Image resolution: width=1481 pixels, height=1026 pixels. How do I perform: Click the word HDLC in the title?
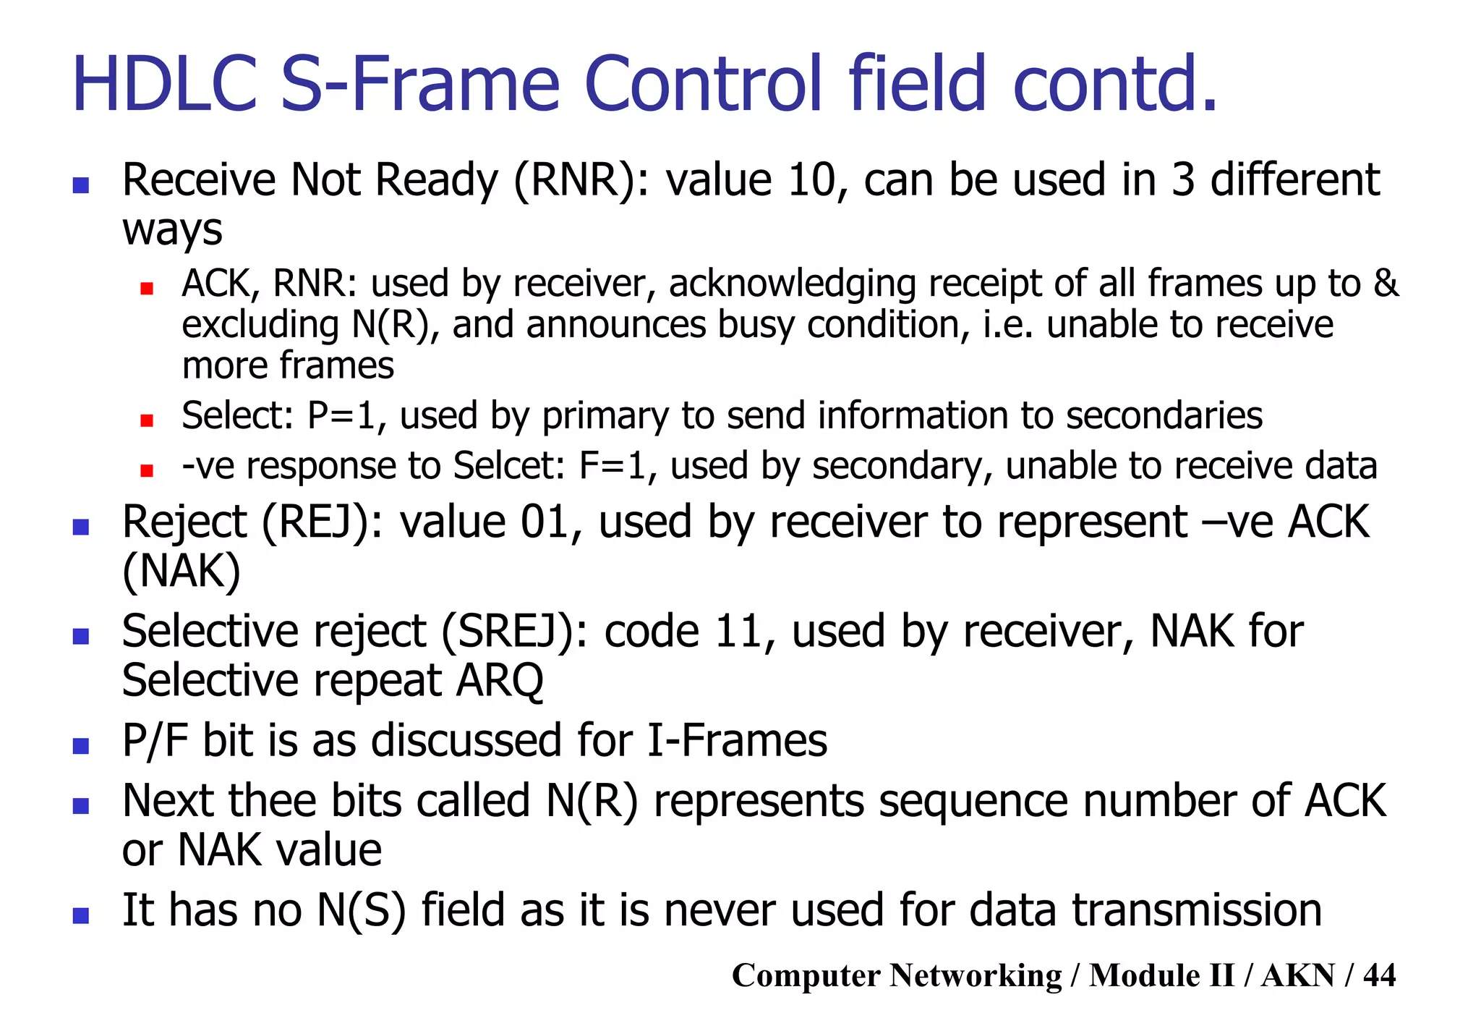coord(165,85)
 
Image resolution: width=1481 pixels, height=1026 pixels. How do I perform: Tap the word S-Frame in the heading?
coord(419,85)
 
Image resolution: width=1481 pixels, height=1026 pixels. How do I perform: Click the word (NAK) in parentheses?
coord(182,571)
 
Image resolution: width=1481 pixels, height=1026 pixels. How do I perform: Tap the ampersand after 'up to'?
coord(1386,283)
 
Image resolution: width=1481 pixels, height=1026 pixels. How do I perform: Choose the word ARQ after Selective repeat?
coord(499,680)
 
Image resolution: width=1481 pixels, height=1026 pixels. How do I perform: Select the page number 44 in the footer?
coord(1379,975)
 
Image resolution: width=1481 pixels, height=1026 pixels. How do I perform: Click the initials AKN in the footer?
coord(1297,975)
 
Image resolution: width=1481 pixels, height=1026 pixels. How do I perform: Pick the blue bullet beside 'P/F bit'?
coord(81,746)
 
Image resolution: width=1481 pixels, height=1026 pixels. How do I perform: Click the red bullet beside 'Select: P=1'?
coord(147,420)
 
